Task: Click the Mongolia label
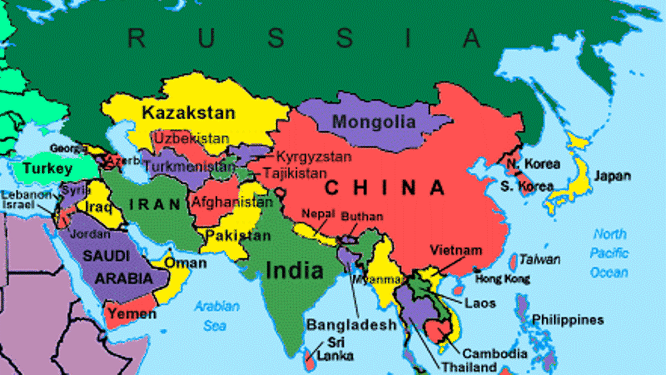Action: tap(374, 122)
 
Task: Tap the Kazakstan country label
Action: tap(188, 112)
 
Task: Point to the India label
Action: tap(294, 270)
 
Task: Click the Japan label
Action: tap(612, 176)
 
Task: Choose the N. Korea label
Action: tap(533, 164)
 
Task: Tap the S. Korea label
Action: tap(527, 185)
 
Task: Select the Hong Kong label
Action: tap(503, 279)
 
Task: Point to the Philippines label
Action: tap(568, 319)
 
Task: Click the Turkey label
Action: tap(47, 169)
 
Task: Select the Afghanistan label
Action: tap(233, 202)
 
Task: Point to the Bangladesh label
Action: tap(351, 325)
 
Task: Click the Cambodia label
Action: tap(495, 354)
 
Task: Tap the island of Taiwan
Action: tap(513, 261)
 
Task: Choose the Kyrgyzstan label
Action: tap(313, 156)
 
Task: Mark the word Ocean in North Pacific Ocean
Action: tap(609, 272)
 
